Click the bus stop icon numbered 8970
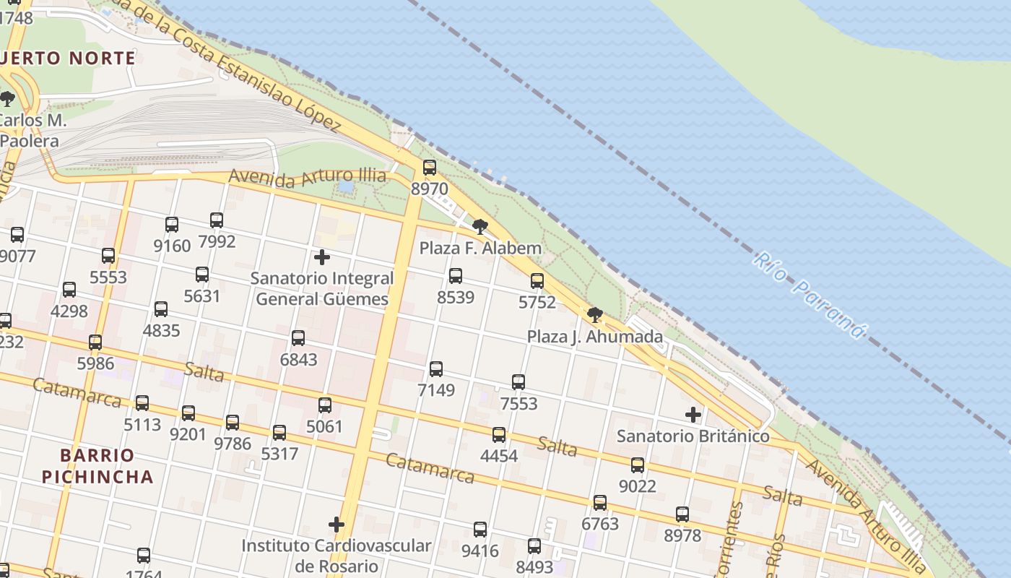pos(430,168)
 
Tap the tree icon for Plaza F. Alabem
pos(480,227)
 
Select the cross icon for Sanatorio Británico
pos(693,415)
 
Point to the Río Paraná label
pos(809,295)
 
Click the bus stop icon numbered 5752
pos(537,281)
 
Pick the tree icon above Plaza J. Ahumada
pos(595,315)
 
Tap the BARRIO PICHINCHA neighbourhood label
pos(97,466)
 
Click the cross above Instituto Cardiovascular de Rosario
pos(337,525)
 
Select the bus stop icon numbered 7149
pos(436,369)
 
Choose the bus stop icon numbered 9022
pos(638,465)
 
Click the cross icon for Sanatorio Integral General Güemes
pos(322,257)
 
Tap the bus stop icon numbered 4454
pos(499,435)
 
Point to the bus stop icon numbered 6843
pos(298,338)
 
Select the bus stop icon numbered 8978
pos(682,514)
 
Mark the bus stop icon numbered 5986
pos(95,342)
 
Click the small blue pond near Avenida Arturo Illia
pos(346,187)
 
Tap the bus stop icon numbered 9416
pos(480,530)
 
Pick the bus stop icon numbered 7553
pos(518,382)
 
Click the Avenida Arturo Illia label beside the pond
pos(307,177)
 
